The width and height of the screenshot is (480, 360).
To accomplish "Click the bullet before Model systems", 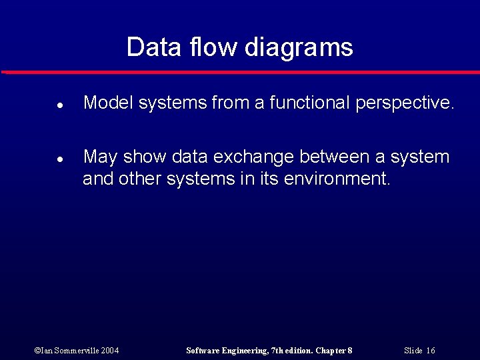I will tap(59, 105).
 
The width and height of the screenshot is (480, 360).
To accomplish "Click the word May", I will tap(100, 157).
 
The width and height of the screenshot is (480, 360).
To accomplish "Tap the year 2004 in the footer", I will tap(111, 351).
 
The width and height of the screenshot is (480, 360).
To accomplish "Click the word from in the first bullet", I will tap(231, 103).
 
